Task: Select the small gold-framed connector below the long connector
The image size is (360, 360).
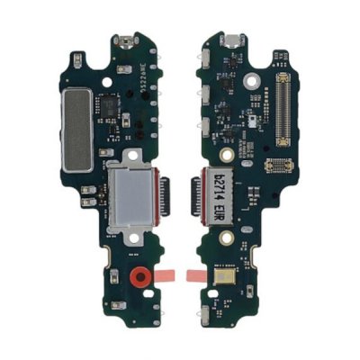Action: click(x=280, y=166)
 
